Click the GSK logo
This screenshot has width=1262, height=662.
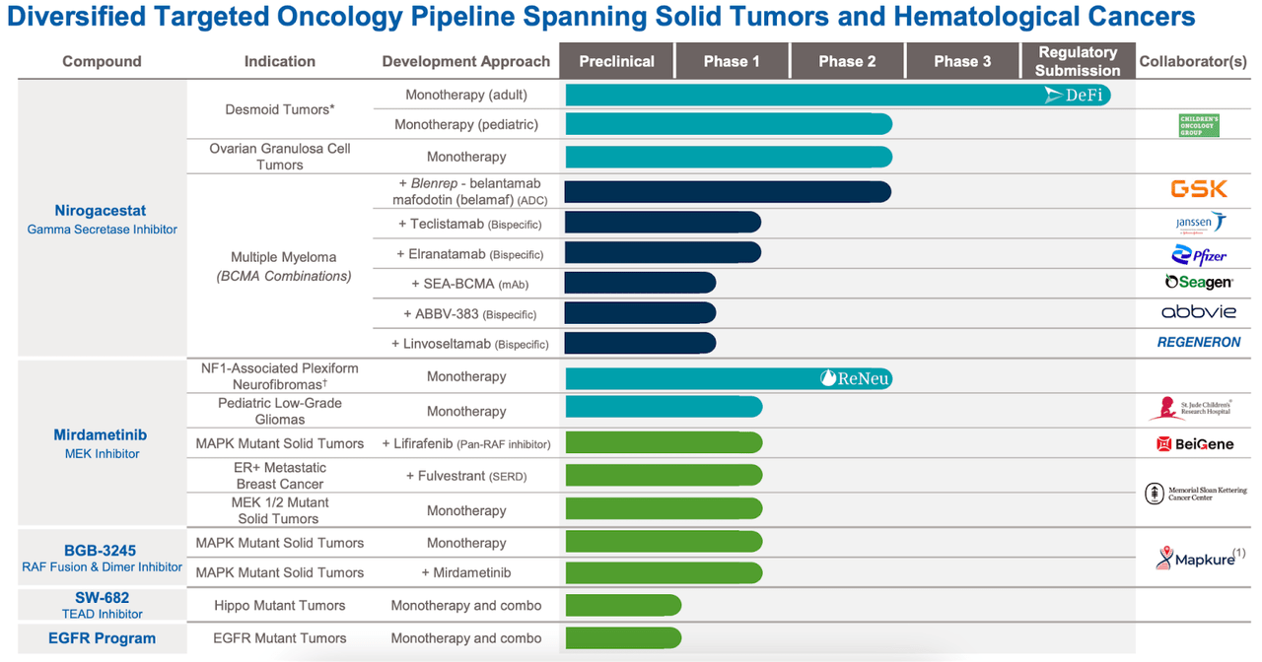pyautogui.click(x=1199, y=189)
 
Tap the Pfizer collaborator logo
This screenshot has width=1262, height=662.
pyautogui.click(x=1199, y=255)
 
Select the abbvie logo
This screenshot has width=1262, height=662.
pyautogui.click(x=1198, y=312)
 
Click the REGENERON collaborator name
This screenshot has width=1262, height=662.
pyautogui.click(x=1198, y=343)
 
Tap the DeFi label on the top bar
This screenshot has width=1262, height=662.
pyautogui.click(x=1076, y=96)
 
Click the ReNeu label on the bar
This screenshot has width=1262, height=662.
pyautogui.click(x=855, y=378)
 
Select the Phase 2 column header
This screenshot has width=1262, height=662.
pyautogui.click(x=847, y=61)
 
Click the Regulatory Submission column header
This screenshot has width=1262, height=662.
pyautogui.click(x=1078, y=61)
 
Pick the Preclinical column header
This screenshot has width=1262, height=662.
pyautogui.click(x=616, y=61)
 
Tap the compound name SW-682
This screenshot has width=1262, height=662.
pyautogui.click(x=102, y=597)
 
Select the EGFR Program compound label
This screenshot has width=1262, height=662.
pyautogui.click(x=102, y=638)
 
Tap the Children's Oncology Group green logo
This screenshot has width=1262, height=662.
pyautogui.click(x=1199, y=125)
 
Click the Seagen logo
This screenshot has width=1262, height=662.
pyautogui.click(x=1198, y=283)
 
